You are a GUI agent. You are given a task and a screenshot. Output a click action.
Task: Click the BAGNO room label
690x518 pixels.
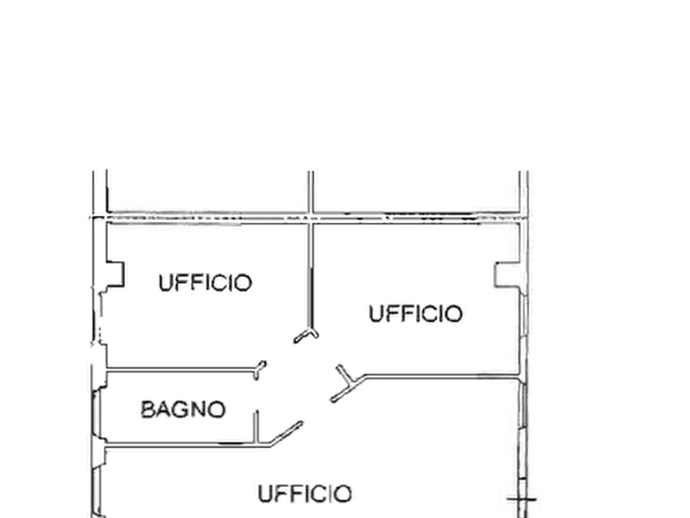183,410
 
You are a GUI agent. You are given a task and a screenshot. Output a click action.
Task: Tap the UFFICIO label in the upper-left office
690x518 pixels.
205,283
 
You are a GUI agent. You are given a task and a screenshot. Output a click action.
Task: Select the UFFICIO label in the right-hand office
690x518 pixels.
416,314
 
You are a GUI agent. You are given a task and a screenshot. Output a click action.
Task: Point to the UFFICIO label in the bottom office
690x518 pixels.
304,494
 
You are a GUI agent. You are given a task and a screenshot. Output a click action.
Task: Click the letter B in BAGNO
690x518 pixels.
148,410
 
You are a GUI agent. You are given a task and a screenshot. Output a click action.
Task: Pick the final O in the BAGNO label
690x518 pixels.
217,410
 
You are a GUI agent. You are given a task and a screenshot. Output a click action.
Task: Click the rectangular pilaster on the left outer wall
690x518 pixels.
115,275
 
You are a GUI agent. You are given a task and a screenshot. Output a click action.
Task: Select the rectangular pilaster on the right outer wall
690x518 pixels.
507,275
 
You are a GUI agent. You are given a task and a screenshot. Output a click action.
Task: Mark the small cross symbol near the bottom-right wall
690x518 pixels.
522,499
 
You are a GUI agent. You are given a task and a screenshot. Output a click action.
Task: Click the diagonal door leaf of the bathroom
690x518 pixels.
287,433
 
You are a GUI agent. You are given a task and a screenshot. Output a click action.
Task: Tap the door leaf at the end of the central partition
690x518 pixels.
306,336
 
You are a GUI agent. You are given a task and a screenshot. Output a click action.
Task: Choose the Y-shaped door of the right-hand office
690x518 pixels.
348,383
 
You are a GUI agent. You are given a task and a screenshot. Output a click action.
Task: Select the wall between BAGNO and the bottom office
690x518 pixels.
188,445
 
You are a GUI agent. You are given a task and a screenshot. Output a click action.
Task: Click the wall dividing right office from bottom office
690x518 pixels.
442,377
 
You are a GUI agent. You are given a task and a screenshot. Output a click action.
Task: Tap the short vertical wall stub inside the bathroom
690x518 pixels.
256,426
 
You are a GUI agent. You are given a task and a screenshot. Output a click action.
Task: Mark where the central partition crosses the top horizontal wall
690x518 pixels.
311,216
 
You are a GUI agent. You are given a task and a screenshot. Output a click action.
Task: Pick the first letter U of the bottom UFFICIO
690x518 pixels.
265,494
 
